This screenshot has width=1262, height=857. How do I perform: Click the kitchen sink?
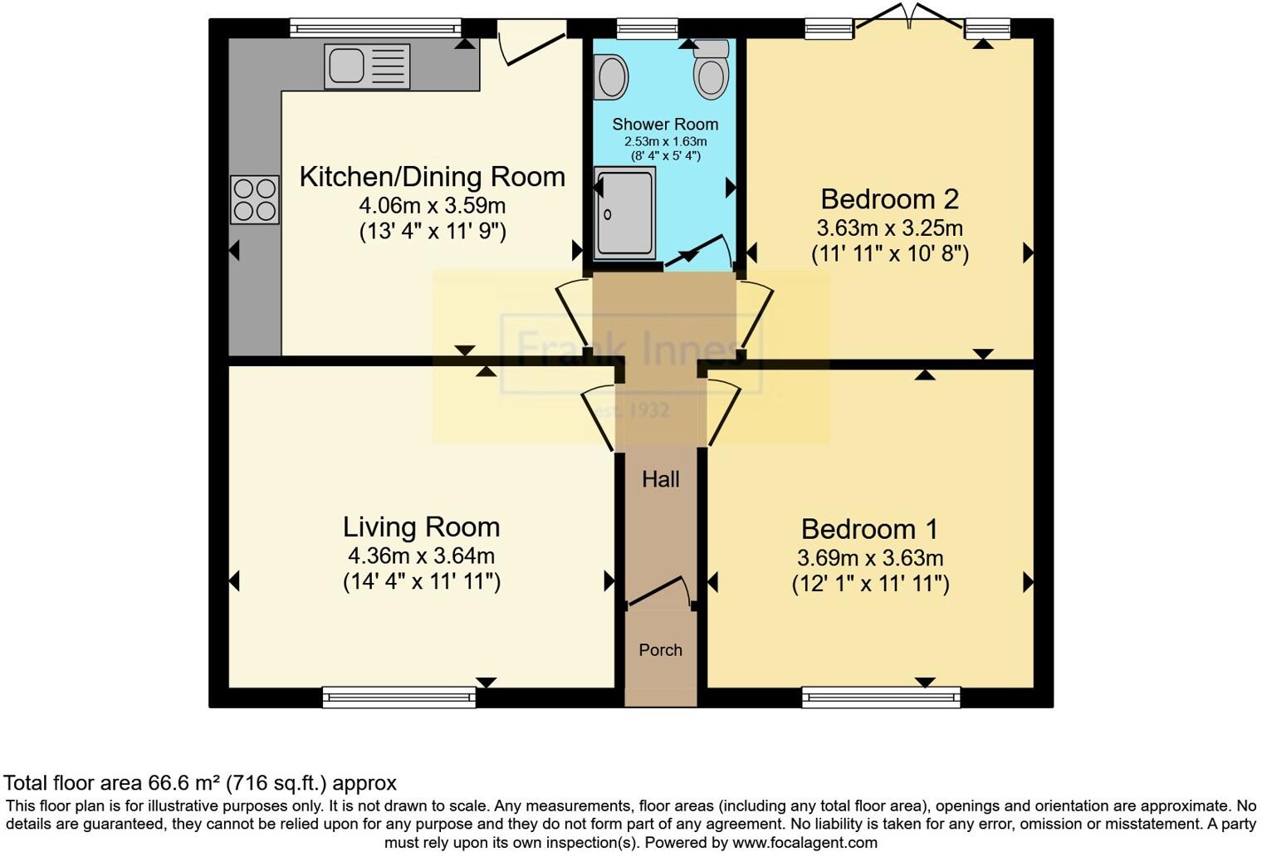(x=367, y=66)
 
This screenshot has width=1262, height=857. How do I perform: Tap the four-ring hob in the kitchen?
(x=255, y=199)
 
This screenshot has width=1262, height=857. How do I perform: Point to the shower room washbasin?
(x=611, y=77)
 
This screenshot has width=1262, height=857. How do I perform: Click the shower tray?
(x=625, y=213)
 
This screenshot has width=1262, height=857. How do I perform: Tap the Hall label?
(x=660, y=479)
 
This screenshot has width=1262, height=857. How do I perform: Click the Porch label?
(x=660, y=650)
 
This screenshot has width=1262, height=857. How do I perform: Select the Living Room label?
(x=422, y=527)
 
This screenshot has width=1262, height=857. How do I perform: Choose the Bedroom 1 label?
(x=870, y=530)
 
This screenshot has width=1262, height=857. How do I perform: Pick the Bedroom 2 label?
(x=889, y=199)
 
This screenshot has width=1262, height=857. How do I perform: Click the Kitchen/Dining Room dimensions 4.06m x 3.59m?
(x=432, y=206)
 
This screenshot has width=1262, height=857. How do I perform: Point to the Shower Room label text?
(x=665, y=124)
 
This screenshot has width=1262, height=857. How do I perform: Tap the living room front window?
(x=399, y=698)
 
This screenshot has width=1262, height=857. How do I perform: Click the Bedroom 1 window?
(x=881, y=698)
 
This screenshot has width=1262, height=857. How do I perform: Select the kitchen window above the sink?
(x=375, y=27)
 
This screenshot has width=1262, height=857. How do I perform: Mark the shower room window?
(x=648, y=28)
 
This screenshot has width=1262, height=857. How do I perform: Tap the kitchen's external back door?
(x=531, y=43)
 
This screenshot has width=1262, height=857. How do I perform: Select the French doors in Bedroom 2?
(x=909, y=17)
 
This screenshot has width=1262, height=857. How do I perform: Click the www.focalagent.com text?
(x=805, y=842)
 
